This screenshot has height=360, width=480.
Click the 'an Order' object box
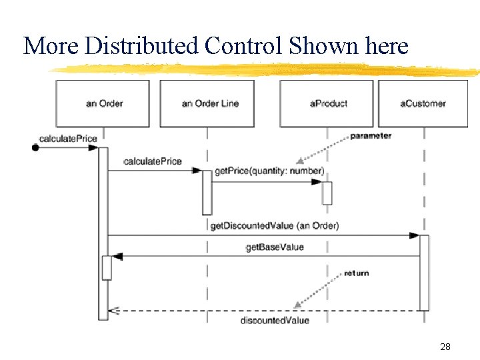pyautogui.click(x=103, y=103)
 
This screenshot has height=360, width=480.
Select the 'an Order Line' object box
pyautogui.click(x=207, y=103)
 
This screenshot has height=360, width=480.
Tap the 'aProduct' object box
pyautogui.click(x=326, y=103)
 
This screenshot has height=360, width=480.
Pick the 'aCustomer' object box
pyautogui.click(x=423, y=103)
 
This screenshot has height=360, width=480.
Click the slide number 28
pyautogui.click(x=445, y=347)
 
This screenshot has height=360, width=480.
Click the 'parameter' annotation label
pyautogui.click(x=371, y=136)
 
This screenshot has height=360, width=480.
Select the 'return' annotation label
pyautogui.click(x=356, y=273)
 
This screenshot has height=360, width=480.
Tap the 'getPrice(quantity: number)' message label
pyautogui.click(x=269, y=171)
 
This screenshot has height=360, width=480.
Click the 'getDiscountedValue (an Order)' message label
pyautogui.click(x=274, y=225)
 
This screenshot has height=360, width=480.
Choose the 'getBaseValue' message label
pyautogui.click(x=275, y=247)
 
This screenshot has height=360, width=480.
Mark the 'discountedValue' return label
pyautogui.click(x=275, y=321)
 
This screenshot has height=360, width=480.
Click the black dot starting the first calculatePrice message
pyautogui.click(x=35, y=148)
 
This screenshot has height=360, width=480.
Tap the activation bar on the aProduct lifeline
pyautogui.click(x=327, y=193)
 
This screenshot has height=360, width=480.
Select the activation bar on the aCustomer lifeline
pyautogui.click(x=424, y=272)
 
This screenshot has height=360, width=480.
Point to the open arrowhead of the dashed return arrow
pyautogui.click(x=113, y=311)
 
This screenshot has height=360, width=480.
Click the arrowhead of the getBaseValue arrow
pyautogui.click(x=118, y=257)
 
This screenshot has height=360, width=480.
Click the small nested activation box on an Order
pyautogui.click(x=107, y=267)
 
